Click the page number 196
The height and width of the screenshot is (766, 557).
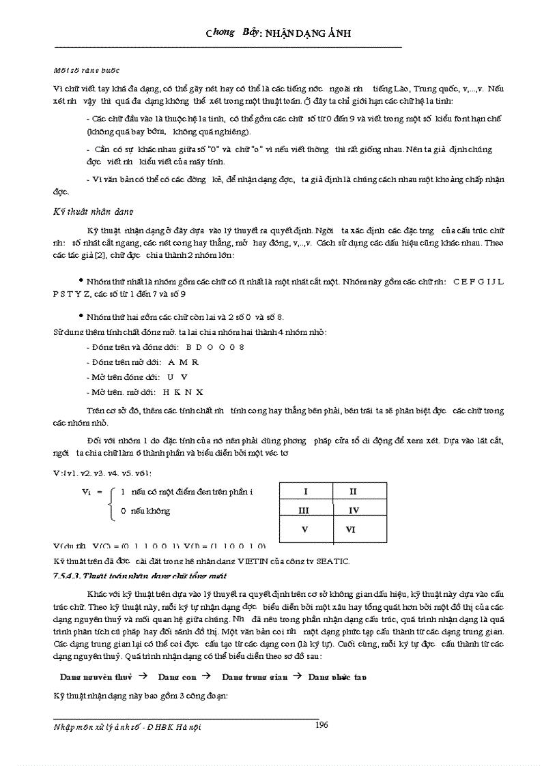point(322,725)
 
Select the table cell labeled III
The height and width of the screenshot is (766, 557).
point(305,510)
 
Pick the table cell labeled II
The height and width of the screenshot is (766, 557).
point(352,491)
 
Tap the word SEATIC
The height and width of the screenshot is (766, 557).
point(332,561)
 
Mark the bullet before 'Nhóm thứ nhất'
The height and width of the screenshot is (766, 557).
point(80,280)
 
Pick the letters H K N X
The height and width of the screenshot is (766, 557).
point(183,392)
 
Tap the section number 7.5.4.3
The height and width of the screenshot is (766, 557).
point(67,576)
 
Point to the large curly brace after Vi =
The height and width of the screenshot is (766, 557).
point(112,501)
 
